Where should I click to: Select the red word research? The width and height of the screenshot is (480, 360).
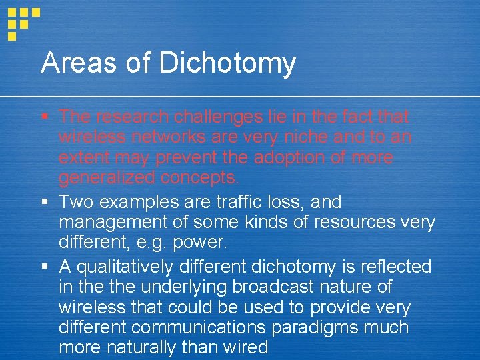pos(133,117)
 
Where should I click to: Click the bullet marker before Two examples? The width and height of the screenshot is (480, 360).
pos(44,201)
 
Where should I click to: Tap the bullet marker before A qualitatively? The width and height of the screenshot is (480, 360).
pos(44,267)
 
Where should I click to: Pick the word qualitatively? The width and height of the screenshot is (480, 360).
pos(131,267)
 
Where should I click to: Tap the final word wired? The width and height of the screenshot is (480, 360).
pos(243,347)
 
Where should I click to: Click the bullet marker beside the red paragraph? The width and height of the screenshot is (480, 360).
pos(44,117)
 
